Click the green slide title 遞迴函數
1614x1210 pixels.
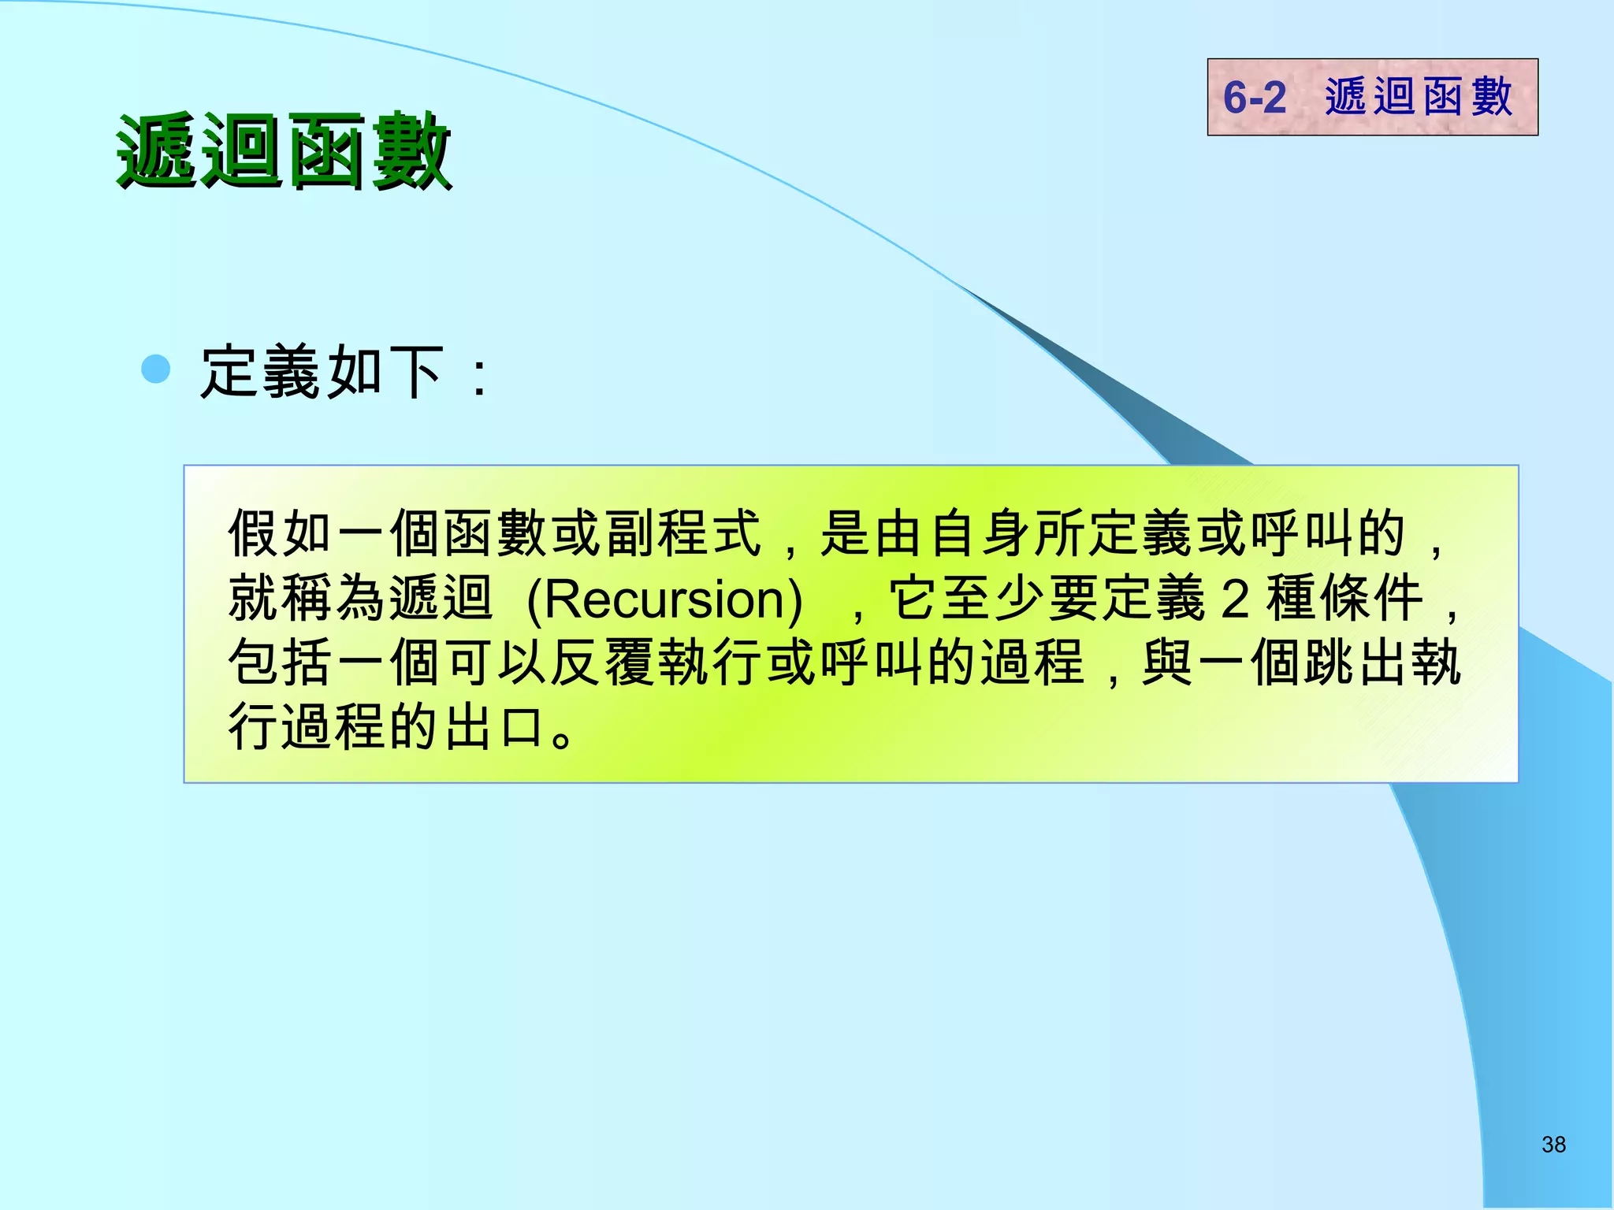pos(284,151)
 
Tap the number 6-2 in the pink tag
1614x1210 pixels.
pos(1254,98)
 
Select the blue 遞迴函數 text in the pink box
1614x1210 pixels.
pos(1419,97)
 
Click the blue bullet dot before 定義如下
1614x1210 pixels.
pos(156,369)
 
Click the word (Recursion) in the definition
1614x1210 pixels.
pos(664,599)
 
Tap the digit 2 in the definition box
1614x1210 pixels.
pos(1235,599)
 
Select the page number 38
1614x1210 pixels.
pos(1553,1145)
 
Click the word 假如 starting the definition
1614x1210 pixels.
pos(281,534)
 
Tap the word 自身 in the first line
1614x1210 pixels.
pos(981,534)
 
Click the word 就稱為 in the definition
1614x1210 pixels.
pos(307,599)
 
